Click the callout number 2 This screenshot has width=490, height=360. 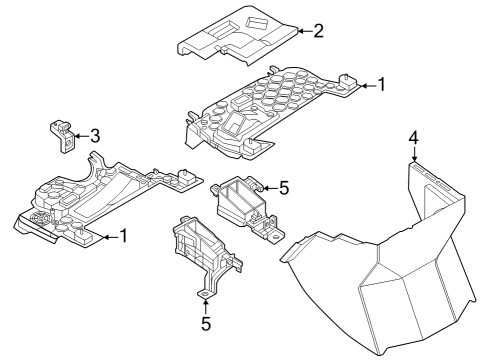click(x=317, y=31)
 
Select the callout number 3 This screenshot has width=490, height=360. click(x=94, y=135)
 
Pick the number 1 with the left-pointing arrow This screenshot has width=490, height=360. click(x=124, y=236)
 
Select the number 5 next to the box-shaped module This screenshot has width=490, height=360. click(x=284, y=187)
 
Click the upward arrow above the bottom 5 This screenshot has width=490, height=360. click(x=205, y=303)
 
